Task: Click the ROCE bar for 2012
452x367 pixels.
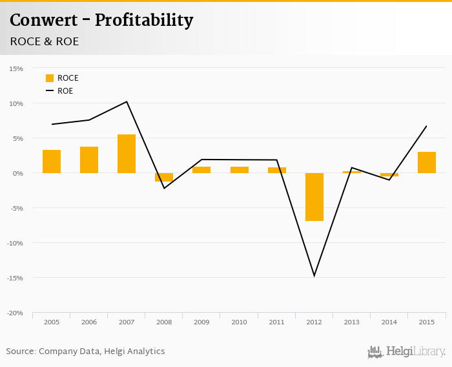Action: point(314,197)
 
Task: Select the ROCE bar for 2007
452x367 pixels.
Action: point(127,154)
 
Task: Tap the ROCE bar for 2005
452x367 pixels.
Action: point(52,162)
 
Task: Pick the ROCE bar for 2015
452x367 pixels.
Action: point(427,162)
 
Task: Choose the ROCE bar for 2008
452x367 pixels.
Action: point(164,177)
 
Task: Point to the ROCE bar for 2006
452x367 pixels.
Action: point(89,160)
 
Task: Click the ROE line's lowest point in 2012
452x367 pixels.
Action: point(314,276)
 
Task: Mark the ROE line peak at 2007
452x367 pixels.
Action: point(127,101)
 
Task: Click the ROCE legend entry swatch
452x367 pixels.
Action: point(50,78)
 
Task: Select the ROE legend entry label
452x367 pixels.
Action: point(65,91)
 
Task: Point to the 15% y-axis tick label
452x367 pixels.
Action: point(15,68)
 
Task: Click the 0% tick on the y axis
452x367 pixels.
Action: point(17,173)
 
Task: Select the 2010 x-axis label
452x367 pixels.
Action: point(239,322)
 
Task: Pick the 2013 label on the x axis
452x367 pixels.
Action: point(352,322)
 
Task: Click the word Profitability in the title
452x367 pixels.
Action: point(144,21)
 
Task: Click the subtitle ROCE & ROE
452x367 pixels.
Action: point(45,41)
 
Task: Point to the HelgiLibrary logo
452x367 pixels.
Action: point(406,352)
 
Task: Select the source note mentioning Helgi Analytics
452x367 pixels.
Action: point(85,351)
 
